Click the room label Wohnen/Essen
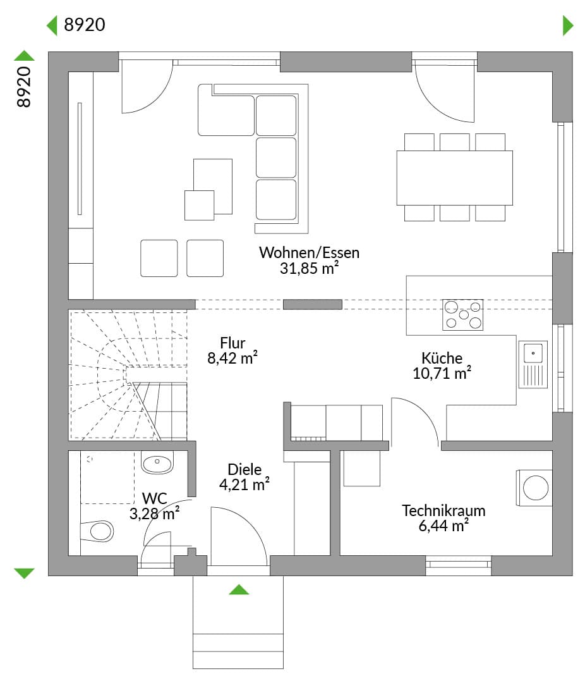(x=309, y=253)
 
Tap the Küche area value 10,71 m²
(x=442, y=373)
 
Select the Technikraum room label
(x=443, y=510)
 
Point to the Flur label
(x=233, y=343)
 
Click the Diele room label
(x=244, y=470)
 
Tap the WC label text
(x=154, y=498)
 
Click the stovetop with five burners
(x=463, y=315)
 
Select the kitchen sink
(x=533, y=364)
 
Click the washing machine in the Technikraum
(x=536, y=488)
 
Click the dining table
(x=454, y=177)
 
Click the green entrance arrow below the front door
(x=239, y=590)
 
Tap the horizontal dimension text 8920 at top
(x=85, y=25)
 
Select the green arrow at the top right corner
(x=567, y=25)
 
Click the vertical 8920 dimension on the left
(x=24, y=87)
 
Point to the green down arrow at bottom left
(x=24, y=573)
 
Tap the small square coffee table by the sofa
(x=199, y=205)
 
